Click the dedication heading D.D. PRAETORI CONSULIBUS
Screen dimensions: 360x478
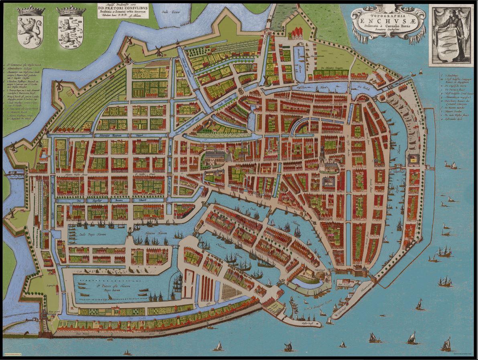(x=123, y=7)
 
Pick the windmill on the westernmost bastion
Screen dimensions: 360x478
(x=14, y=146)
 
